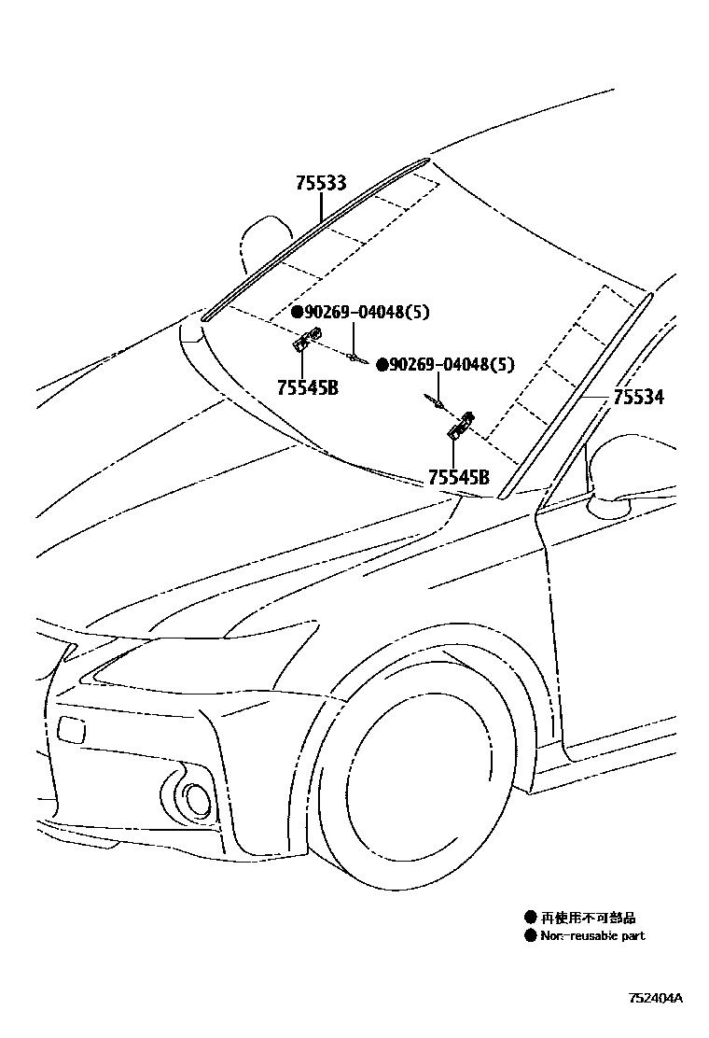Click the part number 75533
point(321,184)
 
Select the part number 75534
point(638,398)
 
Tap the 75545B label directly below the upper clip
point(307,386)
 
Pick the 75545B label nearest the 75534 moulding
point(459,478)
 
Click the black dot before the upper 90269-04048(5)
point(296,313)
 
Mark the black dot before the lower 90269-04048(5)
point(382,365)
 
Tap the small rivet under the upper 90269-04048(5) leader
point(354,355)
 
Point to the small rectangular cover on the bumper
point(71,729)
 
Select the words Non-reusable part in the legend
point(592,935)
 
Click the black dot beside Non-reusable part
point(531,935)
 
